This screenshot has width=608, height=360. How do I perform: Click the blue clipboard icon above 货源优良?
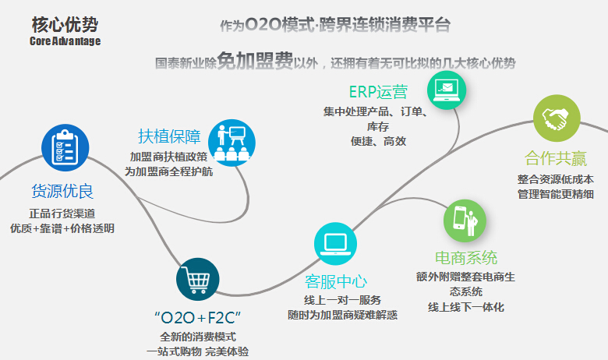65,146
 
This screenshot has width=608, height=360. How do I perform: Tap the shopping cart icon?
197,279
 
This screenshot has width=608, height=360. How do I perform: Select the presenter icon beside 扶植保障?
232,142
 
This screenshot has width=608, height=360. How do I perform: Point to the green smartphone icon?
465,220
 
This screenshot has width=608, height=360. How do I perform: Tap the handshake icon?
556,118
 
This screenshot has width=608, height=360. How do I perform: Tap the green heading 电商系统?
466,258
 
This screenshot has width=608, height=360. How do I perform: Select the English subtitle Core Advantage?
65,41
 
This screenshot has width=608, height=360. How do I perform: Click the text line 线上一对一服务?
342,301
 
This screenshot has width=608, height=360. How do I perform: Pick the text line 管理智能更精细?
556,194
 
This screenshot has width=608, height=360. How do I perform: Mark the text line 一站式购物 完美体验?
197,351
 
